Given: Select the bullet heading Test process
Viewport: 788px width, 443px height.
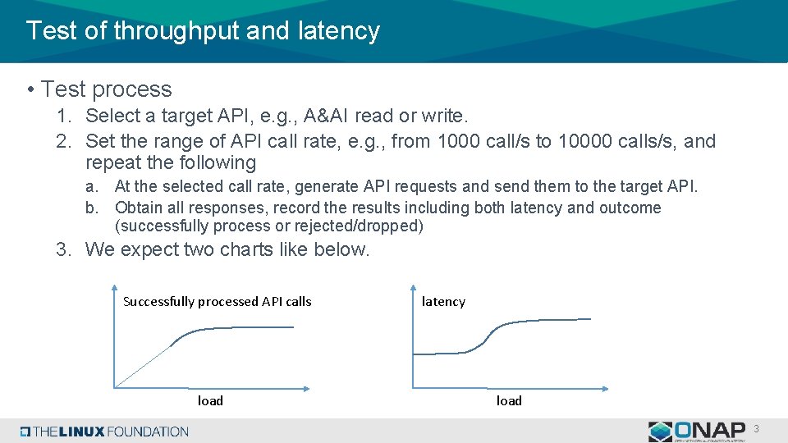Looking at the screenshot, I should (107, 89).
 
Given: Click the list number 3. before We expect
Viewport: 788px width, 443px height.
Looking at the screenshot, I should (65, 249).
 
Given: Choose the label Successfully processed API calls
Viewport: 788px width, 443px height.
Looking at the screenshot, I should (217, 301).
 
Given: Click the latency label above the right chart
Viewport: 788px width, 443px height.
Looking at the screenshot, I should (443, 301).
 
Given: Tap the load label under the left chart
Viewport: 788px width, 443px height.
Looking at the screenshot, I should (210, 400).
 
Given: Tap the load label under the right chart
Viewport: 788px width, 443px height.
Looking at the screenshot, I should (509, 400).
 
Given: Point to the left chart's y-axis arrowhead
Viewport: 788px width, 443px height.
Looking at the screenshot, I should (114, 286).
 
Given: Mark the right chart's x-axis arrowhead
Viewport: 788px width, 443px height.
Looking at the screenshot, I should (605, 387).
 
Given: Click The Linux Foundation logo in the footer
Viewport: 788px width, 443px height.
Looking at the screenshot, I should (104, 431).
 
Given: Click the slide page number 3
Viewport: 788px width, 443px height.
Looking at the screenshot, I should (756, 429).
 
